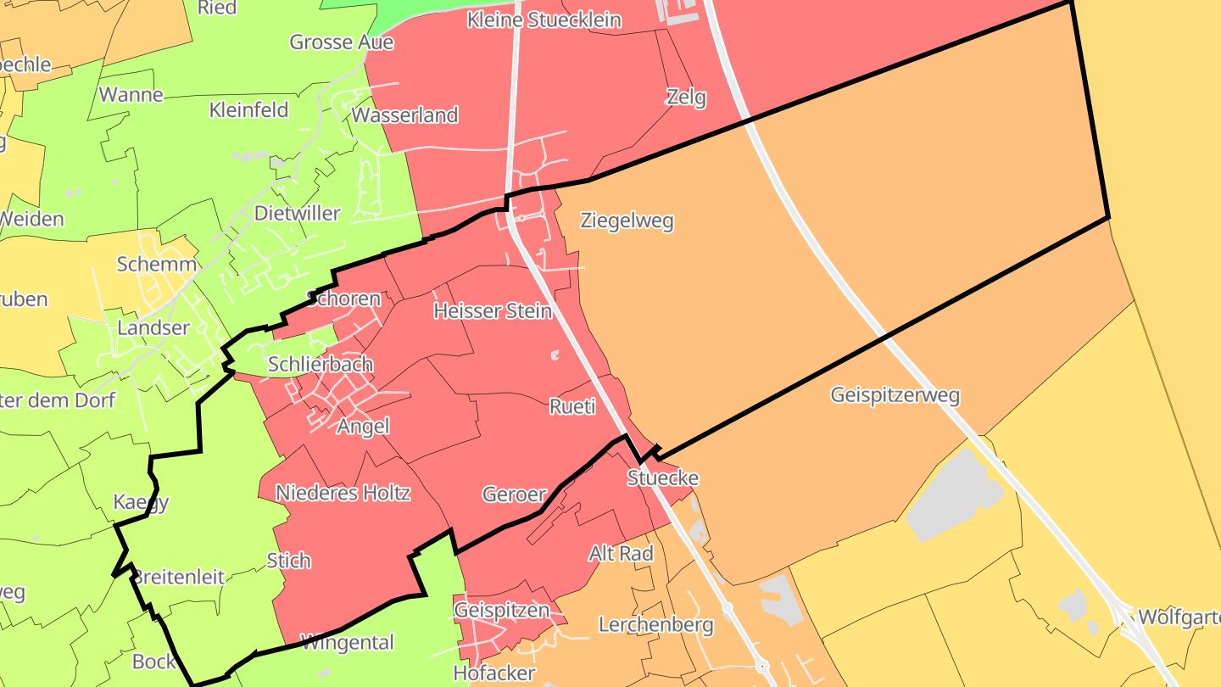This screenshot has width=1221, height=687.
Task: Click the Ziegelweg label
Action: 627,221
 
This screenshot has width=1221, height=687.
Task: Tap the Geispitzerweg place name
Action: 895,395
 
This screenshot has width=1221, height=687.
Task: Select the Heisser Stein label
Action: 493,311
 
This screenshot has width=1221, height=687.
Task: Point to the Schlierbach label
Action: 321,365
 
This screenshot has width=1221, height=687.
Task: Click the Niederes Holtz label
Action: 343,493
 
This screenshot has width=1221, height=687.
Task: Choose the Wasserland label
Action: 405,115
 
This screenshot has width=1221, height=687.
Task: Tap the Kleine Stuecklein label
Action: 544,20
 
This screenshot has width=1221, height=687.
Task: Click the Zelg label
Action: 686,98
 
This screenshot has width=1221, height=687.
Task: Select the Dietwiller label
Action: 298,214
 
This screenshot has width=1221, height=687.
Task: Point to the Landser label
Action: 153,328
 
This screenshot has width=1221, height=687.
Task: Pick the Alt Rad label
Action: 622,554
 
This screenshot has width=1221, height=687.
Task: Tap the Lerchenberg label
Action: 656,626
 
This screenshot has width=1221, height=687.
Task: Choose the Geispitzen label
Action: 502,611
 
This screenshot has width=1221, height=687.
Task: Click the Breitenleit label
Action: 180,578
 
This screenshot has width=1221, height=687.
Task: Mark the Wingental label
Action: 348,643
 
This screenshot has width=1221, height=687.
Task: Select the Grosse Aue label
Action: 342,42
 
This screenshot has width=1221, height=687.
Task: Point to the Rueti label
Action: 572,407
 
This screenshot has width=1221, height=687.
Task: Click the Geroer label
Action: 514,494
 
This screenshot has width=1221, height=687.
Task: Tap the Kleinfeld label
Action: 249,110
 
